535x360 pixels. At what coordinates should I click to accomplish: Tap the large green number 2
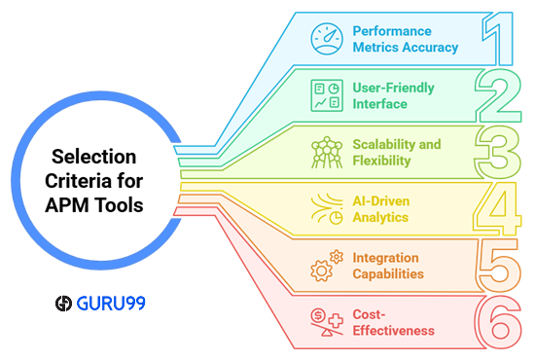pyautogui.click(x=497, y=94)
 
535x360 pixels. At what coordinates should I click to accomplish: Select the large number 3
pyautogui.click(x=497, y=151)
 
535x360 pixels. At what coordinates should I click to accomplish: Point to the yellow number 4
pyautogui.click(x=497, y=208)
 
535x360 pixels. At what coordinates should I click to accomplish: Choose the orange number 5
pyautogui.click(x=497, y=265)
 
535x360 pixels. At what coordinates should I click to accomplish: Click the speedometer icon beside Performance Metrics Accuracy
pyautogui.click(x=325, y=38)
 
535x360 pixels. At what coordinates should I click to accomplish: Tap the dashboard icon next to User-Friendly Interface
pyautogui.click(x=325, y=95)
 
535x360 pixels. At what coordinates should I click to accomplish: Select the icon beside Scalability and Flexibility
pyautogui.click(x=325, y=152)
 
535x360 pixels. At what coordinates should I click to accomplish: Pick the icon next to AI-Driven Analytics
pyautogui.click(x=325, y=209)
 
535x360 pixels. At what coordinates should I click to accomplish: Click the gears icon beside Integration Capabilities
pyautogui.click(x=325, y=266)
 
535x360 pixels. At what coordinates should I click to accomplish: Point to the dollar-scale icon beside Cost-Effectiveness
pyautogui.click(x=325, y=322)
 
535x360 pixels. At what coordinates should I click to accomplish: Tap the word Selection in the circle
pyautogui.click(x=93, y=157)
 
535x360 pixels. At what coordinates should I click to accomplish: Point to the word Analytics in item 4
pyautogui.click(x=380, y=217)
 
